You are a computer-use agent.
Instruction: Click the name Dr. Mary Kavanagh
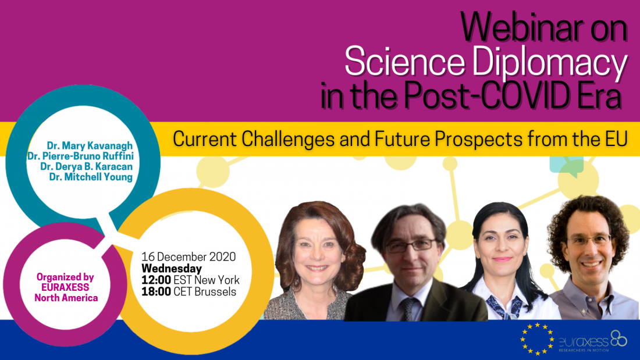pos(90,146)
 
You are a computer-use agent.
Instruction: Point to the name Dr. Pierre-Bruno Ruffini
pos(80,156)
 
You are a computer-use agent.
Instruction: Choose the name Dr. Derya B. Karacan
pos(87,166)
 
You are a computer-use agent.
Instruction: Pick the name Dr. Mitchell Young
pos(91,177)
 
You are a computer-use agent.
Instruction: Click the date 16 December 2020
pos(189,256)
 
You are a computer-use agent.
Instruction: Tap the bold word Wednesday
pos(172,269)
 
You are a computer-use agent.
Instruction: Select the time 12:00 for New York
pos(157,280)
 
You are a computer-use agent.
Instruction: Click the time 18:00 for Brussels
pos(157,291)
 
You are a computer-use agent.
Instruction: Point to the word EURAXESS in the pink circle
pos(65,287)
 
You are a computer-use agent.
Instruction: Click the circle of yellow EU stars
pos(537,339)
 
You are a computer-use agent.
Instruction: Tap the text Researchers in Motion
pos(584,350)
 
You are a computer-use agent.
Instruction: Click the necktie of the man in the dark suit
pos(407,309)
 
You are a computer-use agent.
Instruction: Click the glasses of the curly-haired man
pos(590,240)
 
